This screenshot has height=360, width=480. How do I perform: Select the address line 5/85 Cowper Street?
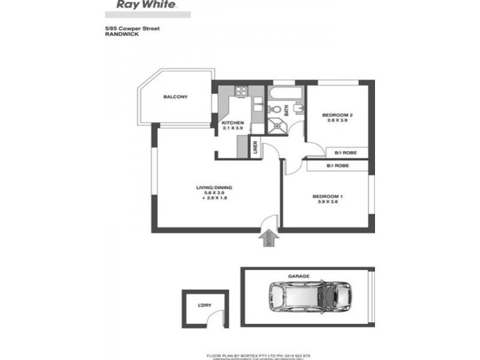click(133, 29)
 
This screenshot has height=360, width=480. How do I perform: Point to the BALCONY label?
click(176, 97)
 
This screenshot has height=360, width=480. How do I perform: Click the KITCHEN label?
click(232, 122)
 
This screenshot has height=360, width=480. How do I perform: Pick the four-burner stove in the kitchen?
click(241, 92)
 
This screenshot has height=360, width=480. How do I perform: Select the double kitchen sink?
click(256, 106)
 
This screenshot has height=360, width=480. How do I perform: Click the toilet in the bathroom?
click(274, 109)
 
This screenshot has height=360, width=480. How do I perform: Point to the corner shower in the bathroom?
click(278, 125)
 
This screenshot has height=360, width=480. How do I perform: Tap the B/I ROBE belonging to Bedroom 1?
click(338, 165)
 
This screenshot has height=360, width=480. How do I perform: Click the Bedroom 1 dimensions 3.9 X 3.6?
click(327, 202)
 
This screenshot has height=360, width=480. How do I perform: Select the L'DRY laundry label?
click(205, 305)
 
